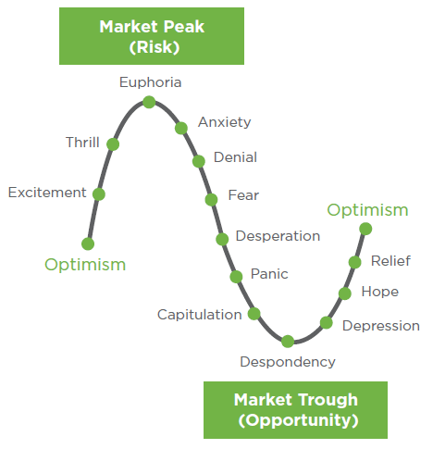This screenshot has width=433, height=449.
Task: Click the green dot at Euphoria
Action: pyautogui.click(x=149, y=102)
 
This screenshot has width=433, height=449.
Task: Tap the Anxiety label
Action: pyautogui.click(x=225, y=122)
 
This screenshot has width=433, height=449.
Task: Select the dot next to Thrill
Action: pyautogui.click(x=113, y=144)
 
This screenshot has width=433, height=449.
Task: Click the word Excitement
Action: pyautogui.click(x=47, y=193)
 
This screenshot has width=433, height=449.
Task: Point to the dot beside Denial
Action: pyautogui.click(x=199, y=161)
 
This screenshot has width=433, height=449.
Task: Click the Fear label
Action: pyautogui.click(x=243, y=195)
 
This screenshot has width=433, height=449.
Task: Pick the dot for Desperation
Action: pyautogui.click(x=222, y=239)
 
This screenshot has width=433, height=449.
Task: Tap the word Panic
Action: pyautogui.click(x=269, y=274)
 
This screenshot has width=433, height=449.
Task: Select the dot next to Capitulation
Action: pyautogui.click(x=254, y=314)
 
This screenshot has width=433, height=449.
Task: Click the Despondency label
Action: pyautogui.click(x=288, y=362)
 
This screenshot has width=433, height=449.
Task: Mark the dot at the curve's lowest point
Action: pyautogui.click(x=288, y=342)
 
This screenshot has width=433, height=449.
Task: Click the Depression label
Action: pyautogui.click(x=381, y=326)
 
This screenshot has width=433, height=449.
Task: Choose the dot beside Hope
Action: pyautogui.click(x=345, y=293)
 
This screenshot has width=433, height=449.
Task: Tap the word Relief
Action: pyautogui.click(x=390, y=261)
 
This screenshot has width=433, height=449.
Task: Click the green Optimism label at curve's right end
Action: pyautogui.click(x=367, y=211)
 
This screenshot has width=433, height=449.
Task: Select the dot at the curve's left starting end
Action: pyautogui.click(x=88, y=243)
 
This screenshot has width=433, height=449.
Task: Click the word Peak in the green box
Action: pyautogui.click(x=184, y=27)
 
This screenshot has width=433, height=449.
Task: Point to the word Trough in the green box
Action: pyautogui.click(x=328, y=401)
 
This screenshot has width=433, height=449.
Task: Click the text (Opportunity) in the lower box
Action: pyautogui.click(x=298, y=420)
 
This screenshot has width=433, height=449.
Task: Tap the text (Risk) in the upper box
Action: pyautogui.click(x=155, y=47)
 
